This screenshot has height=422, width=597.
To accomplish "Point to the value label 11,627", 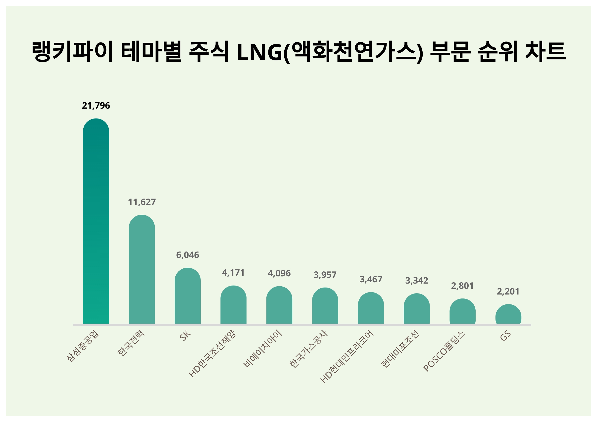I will (x=142, y=202).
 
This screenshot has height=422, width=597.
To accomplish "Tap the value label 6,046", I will (x=188, y=255).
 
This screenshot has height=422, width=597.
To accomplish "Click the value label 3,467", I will (x=371, y=279).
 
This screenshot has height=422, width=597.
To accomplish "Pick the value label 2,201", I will (x=508, y=292).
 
